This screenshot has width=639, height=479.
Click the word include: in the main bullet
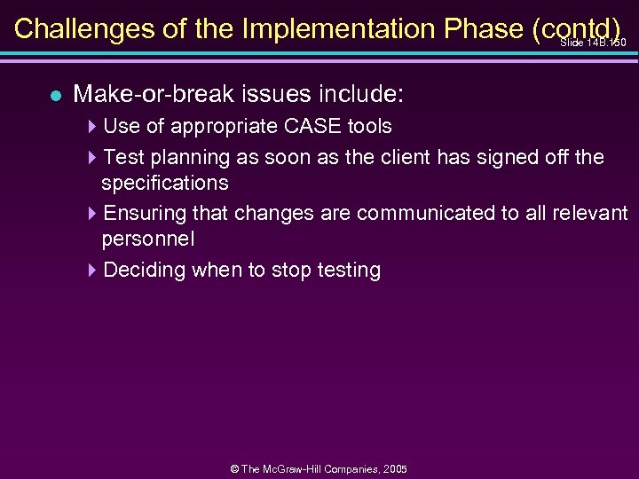click(x=359, y=93)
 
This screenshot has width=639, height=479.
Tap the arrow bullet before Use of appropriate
click(x=94, y=127)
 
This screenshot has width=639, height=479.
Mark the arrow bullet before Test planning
click(x=94, y=159)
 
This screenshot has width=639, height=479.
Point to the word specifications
click(x=165, y=183)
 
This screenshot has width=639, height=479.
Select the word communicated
click(x=417, y=214)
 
